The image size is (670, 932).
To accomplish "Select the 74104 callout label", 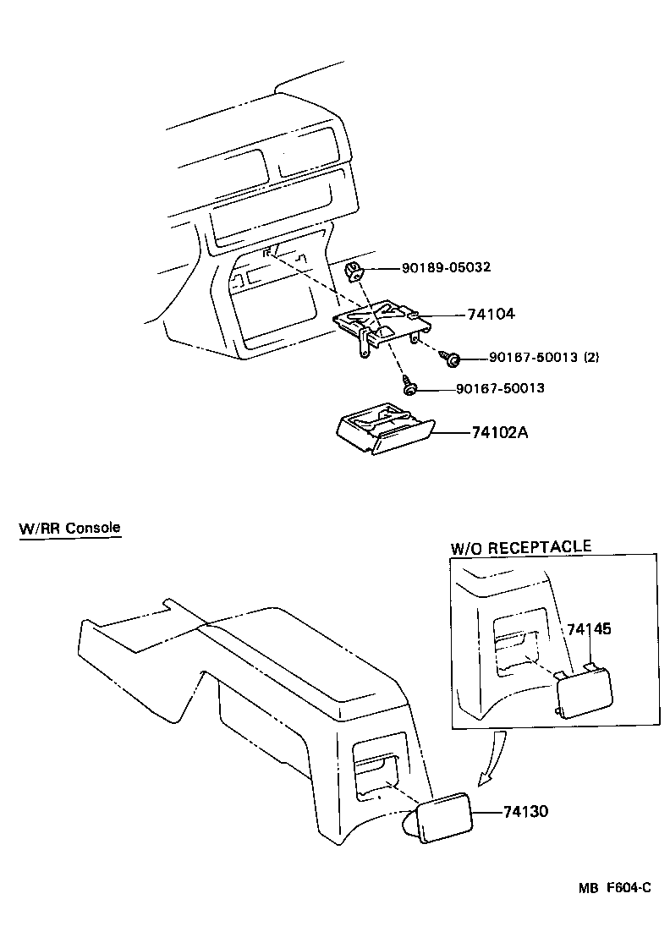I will point(491,314).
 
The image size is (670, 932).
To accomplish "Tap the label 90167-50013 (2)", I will point(544,358).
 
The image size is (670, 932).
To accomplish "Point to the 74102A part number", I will point(499,431).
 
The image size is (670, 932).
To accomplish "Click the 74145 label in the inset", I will point(589,629).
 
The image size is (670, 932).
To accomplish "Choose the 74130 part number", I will point(525,811).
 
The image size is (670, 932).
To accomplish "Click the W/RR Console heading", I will point(69,528).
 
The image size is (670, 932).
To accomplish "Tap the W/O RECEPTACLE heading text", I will point(520,546).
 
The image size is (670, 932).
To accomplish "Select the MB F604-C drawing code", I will point(614,887).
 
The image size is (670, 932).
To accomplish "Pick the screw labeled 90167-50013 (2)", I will point(453,359).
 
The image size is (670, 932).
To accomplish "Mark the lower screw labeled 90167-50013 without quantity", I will point(409,387).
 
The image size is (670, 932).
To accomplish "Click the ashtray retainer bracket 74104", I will point(376,321).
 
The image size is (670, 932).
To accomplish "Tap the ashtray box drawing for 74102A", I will point(382,431).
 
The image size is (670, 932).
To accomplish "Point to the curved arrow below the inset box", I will point(492,757).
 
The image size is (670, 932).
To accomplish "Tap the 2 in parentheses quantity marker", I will point(590,358).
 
